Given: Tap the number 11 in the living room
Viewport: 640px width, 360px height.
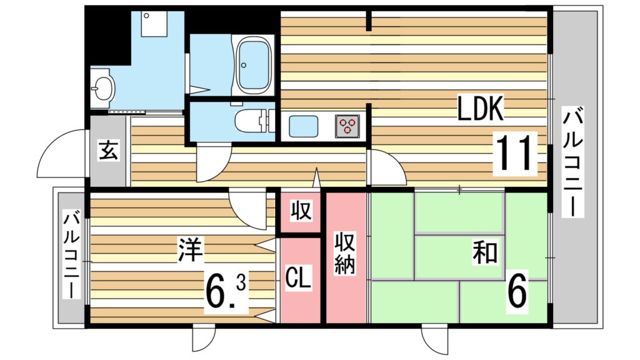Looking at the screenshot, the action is [514, 152].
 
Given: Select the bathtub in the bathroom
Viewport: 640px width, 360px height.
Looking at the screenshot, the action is [254, 65].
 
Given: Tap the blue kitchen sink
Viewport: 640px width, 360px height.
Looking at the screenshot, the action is [304, 126].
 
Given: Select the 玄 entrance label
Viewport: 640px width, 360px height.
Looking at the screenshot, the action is [108, 150].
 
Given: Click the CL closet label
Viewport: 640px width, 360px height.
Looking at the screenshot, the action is [298, 277].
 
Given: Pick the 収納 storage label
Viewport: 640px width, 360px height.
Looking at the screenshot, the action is [345, 253].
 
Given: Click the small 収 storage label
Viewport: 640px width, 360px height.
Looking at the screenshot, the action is [301, 211].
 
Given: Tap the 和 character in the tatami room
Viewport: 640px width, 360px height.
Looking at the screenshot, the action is [485, 252].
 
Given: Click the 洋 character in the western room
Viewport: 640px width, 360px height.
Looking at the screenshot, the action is [190, 249].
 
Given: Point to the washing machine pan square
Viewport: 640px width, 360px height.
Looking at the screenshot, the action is [154, 24].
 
